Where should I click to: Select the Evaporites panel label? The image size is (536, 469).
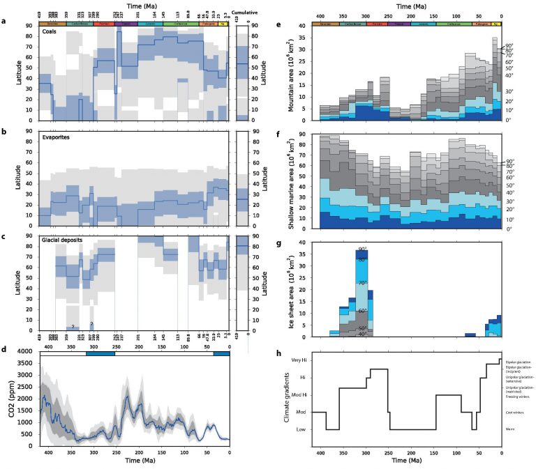(x=54, y=136)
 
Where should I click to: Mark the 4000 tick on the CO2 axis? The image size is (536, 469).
(x=28, y=352)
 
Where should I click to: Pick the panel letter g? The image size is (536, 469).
(x=278, y=245)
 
